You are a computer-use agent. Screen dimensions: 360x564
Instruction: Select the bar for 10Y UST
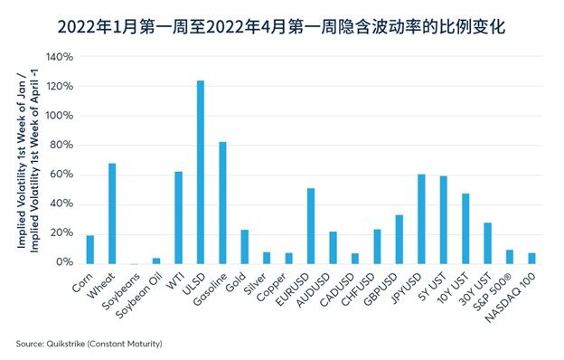[465, 228]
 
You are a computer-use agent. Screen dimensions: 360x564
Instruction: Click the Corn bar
[89, 249]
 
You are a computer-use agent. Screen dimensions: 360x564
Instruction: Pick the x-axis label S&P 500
[496, 289]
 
